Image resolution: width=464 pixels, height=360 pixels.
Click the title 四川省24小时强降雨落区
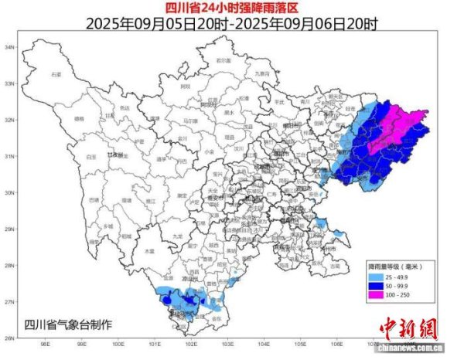[231, 8]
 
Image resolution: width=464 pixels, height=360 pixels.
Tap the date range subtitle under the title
[231, 24]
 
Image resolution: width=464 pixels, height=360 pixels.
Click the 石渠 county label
[56, 74]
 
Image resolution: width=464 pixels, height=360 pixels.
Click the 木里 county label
[150, 251]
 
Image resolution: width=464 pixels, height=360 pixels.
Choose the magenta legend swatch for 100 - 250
[374, 295]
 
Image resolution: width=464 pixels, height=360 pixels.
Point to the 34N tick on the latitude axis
[10, 47]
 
